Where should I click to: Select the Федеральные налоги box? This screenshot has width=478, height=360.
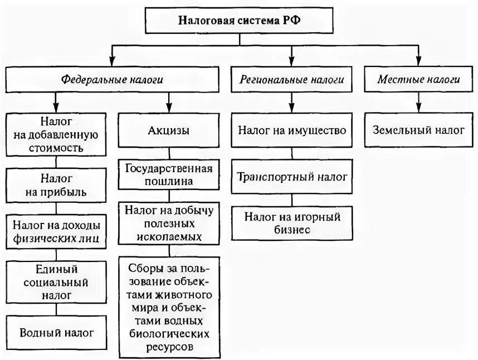pyautogui.click(x=112, y=80)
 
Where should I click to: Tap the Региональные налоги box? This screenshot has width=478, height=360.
pyautogui.click(x=292, y=80)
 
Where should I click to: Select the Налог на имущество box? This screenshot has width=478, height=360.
pyautogui.click(x=292, y=130)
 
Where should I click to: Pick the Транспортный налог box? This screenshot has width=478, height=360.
pyautogui.click(x=292, y=177)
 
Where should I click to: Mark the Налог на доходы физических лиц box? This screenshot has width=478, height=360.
pyautogui.click(x=55, y=232)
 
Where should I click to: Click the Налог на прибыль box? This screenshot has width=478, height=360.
pyautogui.click(x=55, y=186)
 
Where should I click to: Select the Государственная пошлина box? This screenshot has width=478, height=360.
pyautogui.click(x=168, y=174)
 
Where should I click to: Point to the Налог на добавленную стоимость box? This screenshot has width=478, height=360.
pyautogui.click(x=55, y=134)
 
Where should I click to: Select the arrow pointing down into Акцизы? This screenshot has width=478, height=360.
pyautogui.click(x=168, y=105)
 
